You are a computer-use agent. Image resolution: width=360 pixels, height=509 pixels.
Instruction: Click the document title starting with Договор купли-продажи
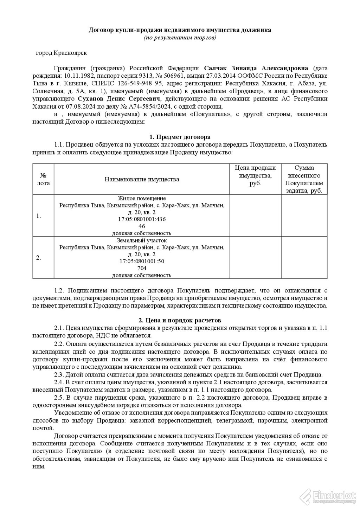tap(180, 30)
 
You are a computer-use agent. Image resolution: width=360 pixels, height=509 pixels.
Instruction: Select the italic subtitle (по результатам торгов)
tap(180, 37)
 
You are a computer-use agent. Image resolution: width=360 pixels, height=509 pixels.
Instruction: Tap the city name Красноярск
tap(70, 53)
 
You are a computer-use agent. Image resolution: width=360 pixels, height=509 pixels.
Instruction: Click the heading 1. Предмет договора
tap(180, 137)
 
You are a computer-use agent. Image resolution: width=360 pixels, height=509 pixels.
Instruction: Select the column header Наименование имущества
tap(142, 179)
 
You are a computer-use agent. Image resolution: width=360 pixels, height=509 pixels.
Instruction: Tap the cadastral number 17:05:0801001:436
tap(142, 219)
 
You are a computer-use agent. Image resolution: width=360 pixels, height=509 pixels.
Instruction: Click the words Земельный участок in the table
tap(142, 241)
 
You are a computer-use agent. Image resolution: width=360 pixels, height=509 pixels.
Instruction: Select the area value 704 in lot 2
tap(142, 268)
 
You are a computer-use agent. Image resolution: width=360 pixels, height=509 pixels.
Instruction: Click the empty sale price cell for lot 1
tap(255, 216)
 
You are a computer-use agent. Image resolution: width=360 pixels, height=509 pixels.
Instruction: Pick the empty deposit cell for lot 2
tap(304, 258)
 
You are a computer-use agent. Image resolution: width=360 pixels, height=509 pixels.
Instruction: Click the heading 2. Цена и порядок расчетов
tap(180, 321)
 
